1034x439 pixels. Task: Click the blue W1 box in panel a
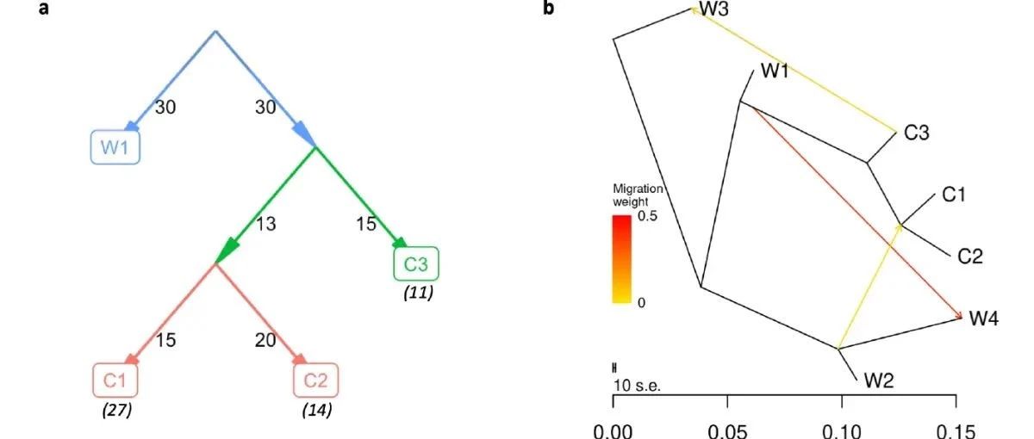(x=115, y=146)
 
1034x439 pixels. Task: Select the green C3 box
(x=416, y=264)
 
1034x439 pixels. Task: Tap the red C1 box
(x=115, y=380)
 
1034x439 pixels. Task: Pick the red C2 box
(x=315, y=380)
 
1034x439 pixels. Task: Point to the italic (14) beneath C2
(x=316, y=410)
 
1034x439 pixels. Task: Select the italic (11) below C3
(x=417, y=294)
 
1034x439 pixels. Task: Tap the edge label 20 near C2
(x=265, y=341)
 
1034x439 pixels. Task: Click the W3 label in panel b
(x=713, y=9)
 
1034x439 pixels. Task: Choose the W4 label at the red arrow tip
(x=984, y=319)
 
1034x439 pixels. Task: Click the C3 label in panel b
(x=916, y=133)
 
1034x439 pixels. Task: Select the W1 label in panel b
(x=775, y=71)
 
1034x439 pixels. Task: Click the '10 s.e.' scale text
(x=637, y=385)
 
